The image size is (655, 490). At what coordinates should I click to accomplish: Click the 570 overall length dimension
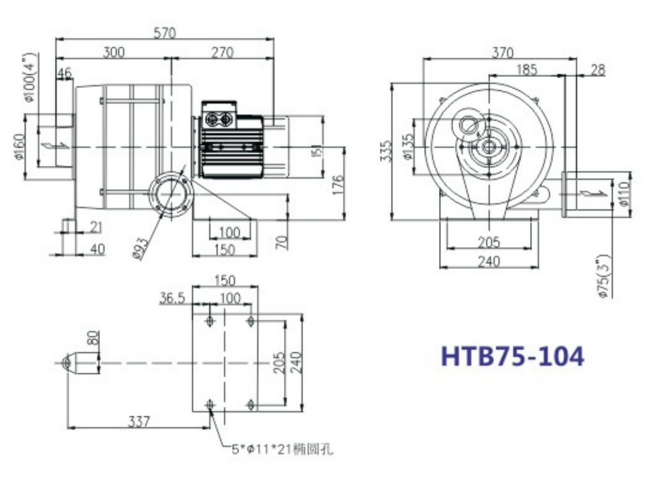[165, 33]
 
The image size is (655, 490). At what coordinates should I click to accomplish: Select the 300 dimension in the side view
[113, 52]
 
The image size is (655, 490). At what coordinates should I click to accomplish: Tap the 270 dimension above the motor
[222, 53]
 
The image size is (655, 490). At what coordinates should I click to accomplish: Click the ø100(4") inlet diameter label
[31, 78]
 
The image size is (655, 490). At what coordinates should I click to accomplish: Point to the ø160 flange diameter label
[19, 147]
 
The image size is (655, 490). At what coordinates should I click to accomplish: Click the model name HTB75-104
[512, 356]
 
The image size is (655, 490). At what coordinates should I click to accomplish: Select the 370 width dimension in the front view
[502, 53]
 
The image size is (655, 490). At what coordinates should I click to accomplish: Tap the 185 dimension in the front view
[526, 69]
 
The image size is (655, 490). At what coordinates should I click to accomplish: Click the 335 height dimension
[387, 151]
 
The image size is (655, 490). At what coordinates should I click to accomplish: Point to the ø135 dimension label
[408, 147]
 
